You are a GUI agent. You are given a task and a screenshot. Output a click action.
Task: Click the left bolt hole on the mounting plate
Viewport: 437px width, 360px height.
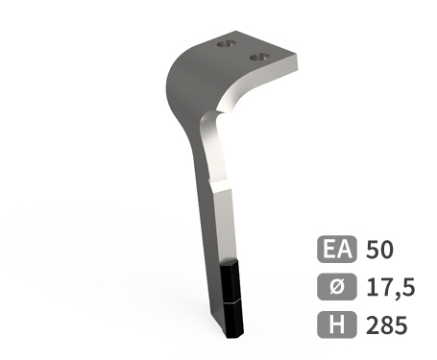point(226,44)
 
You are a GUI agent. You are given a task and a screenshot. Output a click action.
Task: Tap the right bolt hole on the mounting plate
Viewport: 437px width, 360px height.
point(257,57)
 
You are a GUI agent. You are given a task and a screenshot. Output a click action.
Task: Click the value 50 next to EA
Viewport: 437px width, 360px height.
point(380,250)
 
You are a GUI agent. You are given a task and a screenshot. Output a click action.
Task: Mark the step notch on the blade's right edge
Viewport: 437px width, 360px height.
point(229,191)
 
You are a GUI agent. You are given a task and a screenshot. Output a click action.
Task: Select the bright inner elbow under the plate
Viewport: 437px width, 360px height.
point(213,119)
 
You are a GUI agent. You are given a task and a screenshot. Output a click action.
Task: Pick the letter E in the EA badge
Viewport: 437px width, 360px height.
point(329,250)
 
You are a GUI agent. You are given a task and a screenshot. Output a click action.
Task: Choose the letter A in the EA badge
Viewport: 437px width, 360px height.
point(345,250)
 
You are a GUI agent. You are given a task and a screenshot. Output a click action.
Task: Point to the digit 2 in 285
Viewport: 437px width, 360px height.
point(374,324)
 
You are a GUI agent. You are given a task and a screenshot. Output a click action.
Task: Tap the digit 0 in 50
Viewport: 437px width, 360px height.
point(387,250)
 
